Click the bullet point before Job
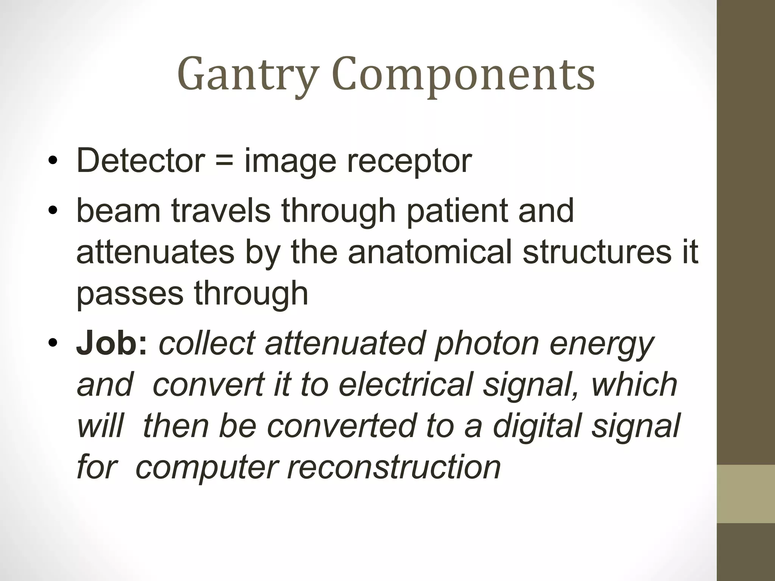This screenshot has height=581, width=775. [x=53, y=343]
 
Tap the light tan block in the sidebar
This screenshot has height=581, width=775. [x=746, y=494]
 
